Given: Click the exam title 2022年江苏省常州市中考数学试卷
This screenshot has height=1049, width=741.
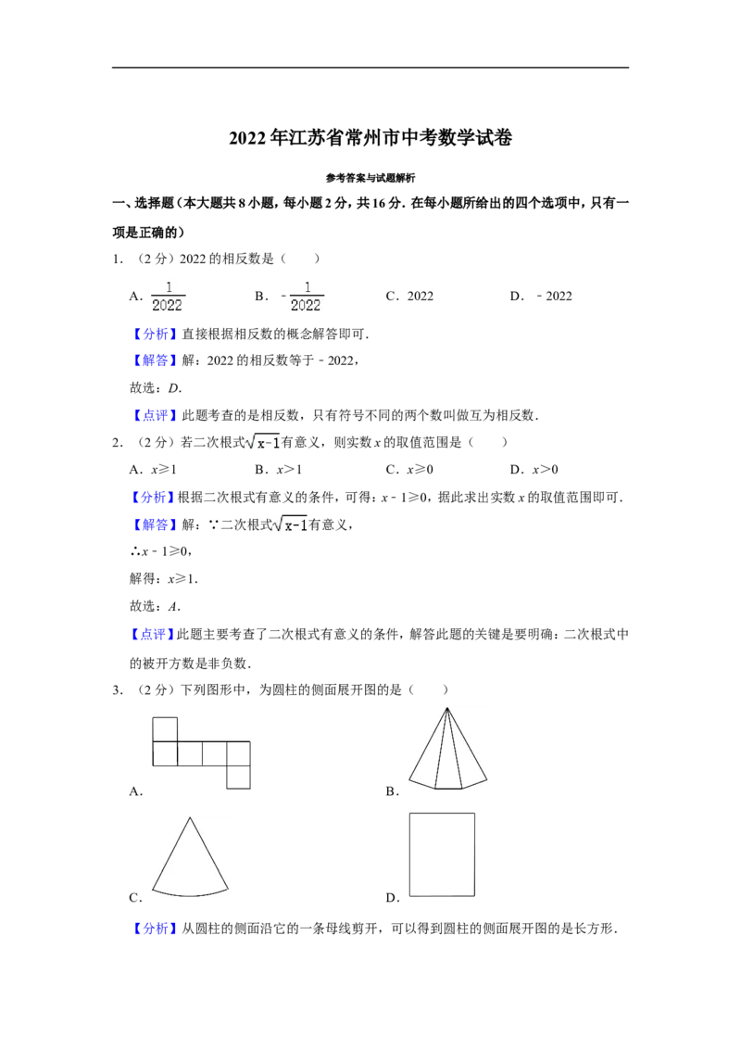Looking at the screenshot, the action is pyautogui.click(x=370, y=138).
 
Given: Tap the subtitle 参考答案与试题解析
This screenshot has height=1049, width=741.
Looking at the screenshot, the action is pyautogui.click(x=370, y=178).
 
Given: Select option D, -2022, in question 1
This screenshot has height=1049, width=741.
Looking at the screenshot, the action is pyautogui.click(x=541, y=296).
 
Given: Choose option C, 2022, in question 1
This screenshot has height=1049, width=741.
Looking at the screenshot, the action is pyautogui.click(x=409, y=296).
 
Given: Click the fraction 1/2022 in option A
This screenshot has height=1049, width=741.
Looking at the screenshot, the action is pyautogui.click(x=168, y=297).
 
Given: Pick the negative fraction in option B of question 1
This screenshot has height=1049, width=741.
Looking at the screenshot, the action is pyautogui.click(x=302, y=297).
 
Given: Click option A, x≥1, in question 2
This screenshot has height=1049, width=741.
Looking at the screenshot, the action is pyautogui.click(x=153, y=470).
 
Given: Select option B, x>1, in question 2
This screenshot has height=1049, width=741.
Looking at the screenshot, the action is pyautogui.click(x=278, y=470).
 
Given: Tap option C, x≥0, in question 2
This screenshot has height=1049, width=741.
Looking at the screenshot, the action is pyautogui.click(x=409, y=470).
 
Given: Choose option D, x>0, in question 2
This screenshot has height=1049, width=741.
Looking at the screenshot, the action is pyautogui.click(x=534, y=470).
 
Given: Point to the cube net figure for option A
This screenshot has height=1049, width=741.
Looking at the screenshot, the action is pyautogui.click(x=201, y=752).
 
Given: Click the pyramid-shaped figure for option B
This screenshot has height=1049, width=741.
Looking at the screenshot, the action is pyautogui.click(x=447, y=749).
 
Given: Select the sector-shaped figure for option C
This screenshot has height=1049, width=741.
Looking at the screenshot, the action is pyautogui.click(x=190, y=856).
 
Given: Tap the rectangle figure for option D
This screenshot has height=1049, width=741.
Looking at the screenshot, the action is pyautogui.click(x=442, y=854).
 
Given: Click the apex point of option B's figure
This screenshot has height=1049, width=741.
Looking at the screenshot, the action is pyautogui.click(x=446, y=708).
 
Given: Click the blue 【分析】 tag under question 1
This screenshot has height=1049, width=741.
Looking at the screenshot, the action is pyautogui.click(x=154, y=334).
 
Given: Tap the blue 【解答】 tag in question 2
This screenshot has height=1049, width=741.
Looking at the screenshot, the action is pyautogui.click(x=154, y=524).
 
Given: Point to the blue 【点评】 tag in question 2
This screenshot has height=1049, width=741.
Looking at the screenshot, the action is pyautogui.click(x=153, y=634).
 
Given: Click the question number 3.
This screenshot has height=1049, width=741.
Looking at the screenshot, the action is pyautogui.click(x=118, y=689).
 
